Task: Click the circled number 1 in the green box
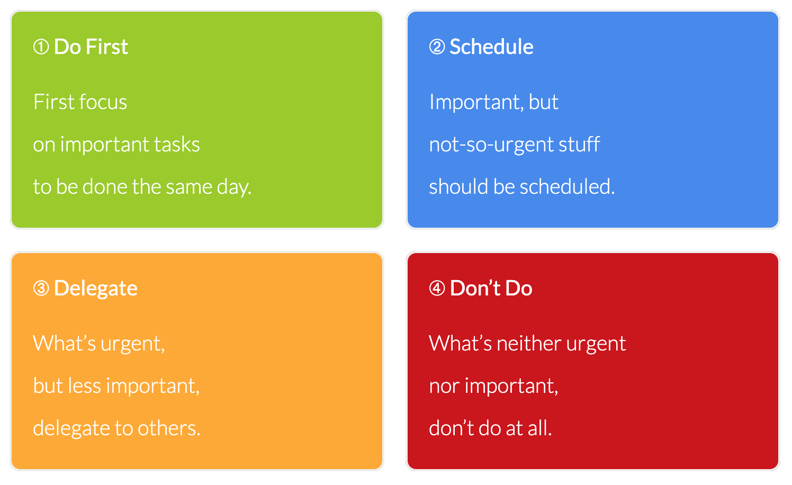pos(41,47)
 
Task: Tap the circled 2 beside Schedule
pos(437,47)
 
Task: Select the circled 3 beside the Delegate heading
pos(41,288)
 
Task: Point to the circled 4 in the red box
pos(437,288)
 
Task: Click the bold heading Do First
pos(91,47)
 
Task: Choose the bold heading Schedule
pos(491,47)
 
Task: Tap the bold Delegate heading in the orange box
pos(95,289)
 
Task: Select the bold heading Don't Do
pos(491,288)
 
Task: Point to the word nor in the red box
pos(444,387)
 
